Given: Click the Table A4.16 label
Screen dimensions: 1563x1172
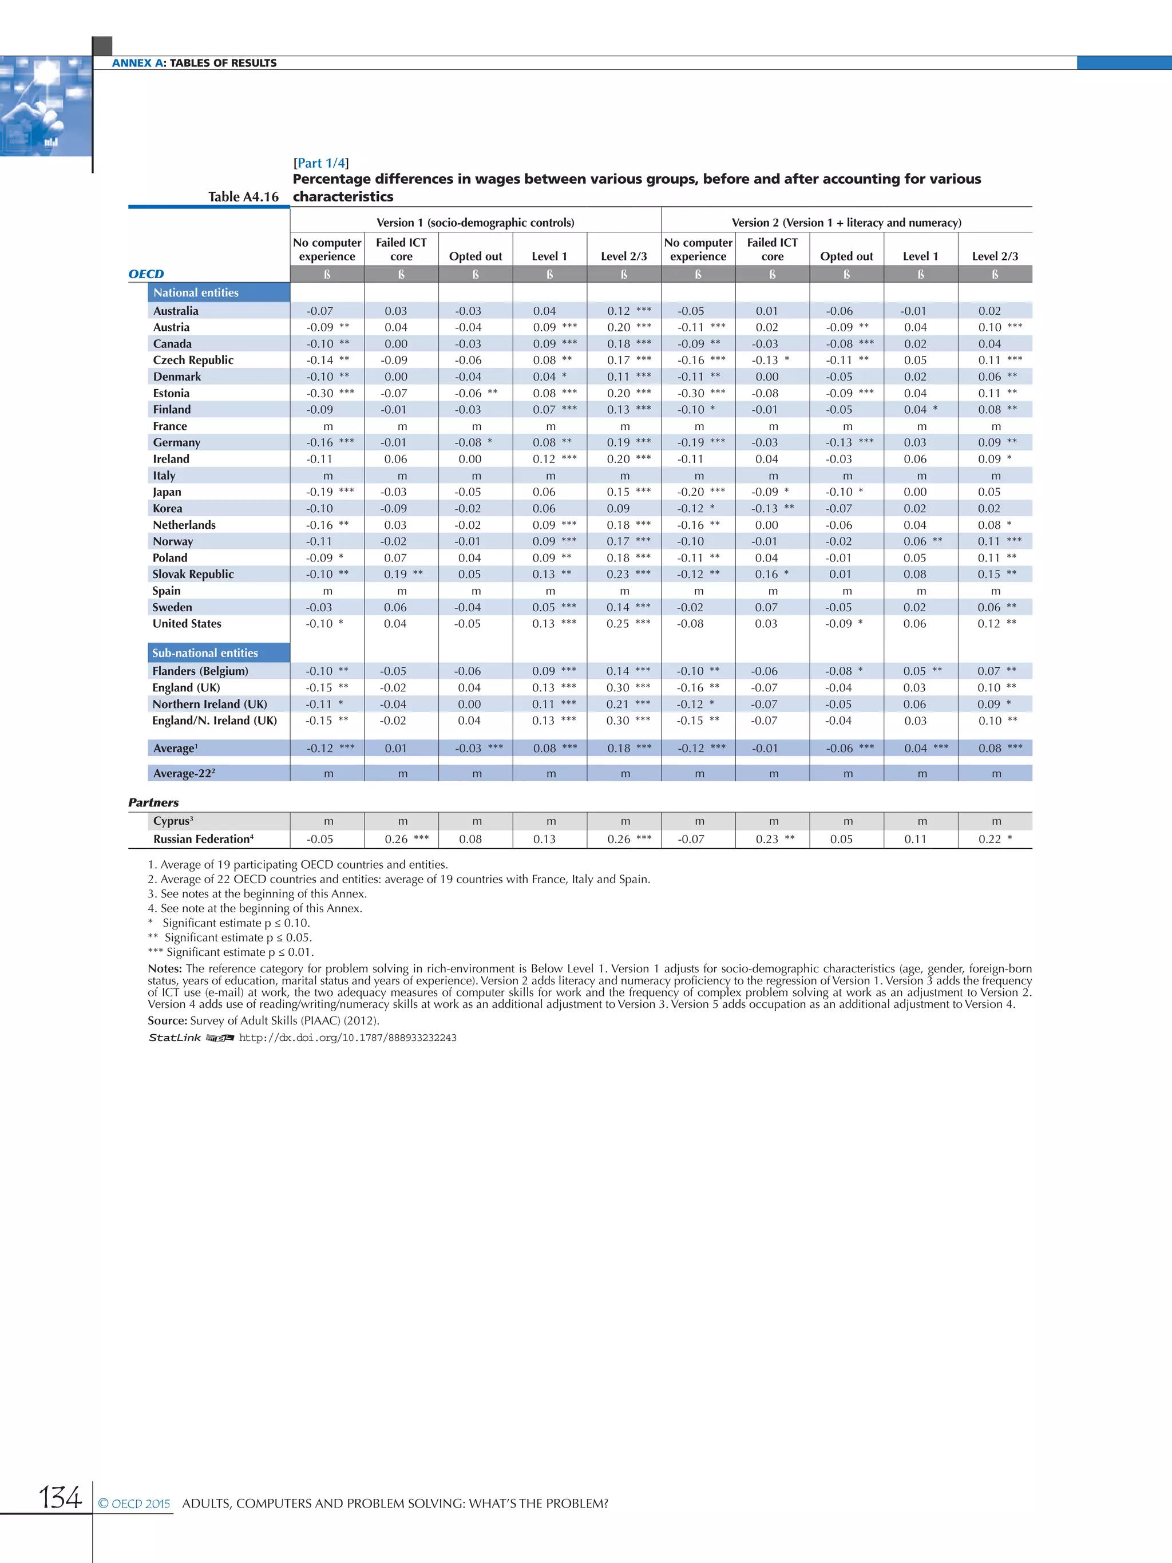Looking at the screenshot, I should point(243,196).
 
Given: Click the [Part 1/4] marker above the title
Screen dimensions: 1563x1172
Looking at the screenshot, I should point(320,163).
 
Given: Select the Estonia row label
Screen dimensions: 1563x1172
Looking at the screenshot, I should point(171,393).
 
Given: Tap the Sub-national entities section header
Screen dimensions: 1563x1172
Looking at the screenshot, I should point(205,653).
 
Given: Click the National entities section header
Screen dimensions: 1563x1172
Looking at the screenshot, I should point(196,292).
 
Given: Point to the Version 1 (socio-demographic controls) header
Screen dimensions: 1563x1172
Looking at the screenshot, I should point(475,223).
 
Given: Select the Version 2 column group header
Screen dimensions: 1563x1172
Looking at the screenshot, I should point(846,223).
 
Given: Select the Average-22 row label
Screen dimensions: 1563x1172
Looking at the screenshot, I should point(184,773).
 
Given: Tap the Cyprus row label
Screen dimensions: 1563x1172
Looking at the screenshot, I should point(173,821).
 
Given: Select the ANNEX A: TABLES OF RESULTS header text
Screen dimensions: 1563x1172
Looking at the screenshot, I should point(194,63).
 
